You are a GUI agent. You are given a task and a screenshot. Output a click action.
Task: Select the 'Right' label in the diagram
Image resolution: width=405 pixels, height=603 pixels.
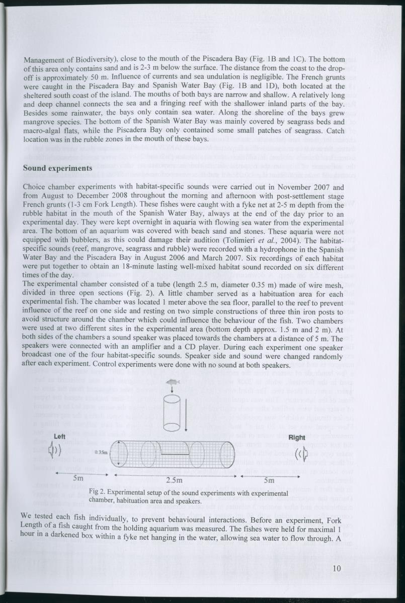[x=296, y=438]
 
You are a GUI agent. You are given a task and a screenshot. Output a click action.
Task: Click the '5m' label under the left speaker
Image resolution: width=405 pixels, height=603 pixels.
[x=78, y=478]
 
